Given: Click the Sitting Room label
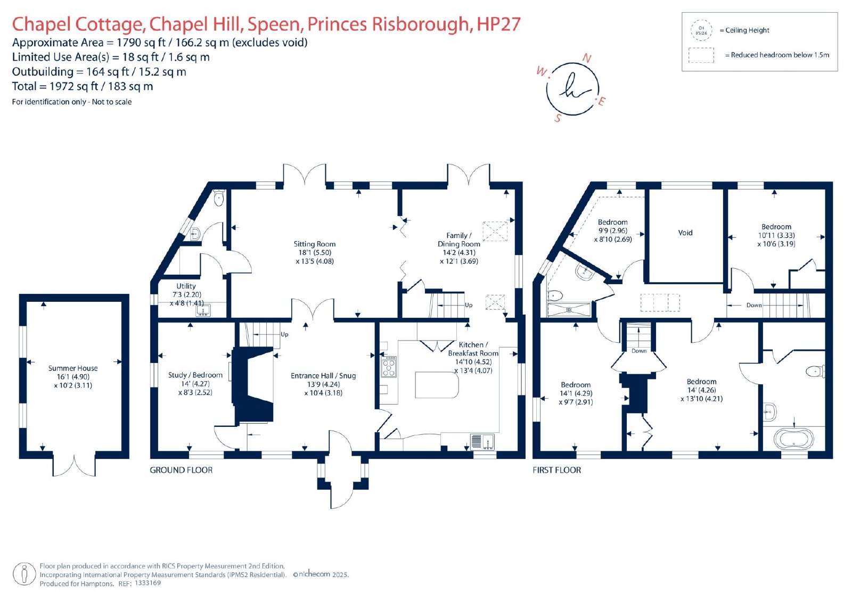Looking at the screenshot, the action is point(315,244).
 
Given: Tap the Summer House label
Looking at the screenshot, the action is point(72,368).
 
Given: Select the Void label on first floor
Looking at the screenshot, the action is point(685,233).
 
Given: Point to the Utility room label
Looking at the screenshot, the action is point(186,286).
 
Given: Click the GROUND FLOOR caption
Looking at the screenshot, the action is point(181,470).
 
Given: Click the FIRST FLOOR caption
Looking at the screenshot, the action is point(557,470).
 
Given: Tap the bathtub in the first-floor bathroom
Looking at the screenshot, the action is point(794,439).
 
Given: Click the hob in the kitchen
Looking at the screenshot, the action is point(389,367).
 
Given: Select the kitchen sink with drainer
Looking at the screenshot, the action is point(482,441).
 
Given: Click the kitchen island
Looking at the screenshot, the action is point(437,385).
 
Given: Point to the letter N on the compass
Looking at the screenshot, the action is point(587,58).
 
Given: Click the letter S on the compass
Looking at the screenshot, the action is point(558,118).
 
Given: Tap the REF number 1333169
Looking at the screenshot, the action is point(148,583).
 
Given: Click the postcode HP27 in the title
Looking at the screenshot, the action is point(498,24).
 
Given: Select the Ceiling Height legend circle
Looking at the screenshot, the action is point(701,30).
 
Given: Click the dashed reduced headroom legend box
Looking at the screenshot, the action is point(701,55).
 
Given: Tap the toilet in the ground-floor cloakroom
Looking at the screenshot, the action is point(219,197).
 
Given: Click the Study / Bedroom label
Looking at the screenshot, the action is point(195,375).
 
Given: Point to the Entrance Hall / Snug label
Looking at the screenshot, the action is point(323,376).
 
